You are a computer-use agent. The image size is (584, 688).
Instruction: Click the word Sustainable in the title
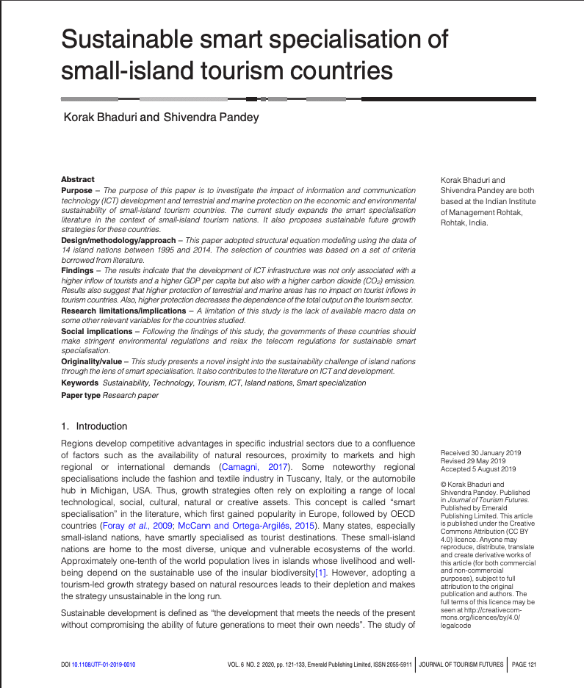[x=117, y=39]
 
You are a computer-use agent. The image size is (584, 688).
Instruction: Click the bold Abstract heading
[x=77, y=179]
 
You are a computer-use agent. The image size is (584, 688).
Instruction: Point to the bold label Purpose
[x=76, y=190]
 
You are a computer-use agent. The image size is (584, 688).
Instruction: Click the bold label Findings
[x=77, y=271]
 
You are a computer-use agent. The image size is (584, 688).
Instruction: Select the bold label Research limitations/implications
[x=120, y=311]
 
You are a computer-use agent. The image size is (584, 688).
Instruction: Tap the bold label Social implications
[x=95, y=331]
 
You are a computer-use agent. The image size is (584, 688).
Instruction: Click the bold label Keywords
[x=79, y=383]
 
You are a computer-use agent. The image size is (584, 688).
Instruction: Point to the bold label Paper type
[x=81, y=395]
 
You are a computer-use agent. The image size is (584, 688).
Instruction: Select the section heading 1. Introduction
[x=94, y=426]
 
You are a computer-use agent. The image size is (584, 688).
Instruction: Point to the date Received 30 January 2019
[x=480, y=453]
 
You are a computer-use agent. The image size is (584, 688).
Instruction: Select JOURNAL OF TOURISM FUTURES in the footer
[x=461, y=665]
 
